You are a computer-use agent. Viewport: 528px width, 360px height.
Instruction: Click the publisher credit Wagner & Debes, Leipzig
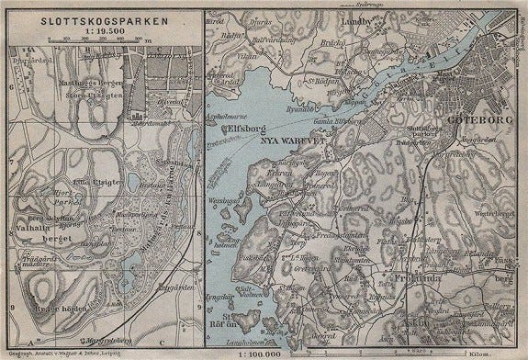tap(93, 353)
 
